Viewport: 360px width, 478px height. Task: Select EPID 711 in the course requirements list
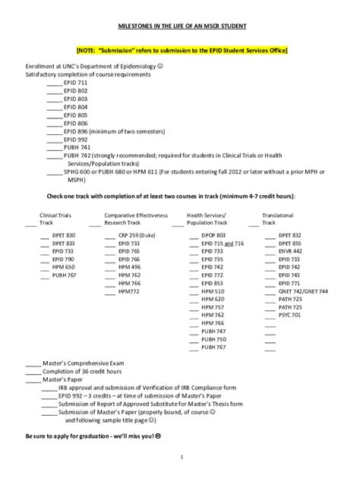[x=75, y=82]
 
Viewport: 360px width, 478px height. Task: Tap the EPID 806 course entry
[x=75, y=122]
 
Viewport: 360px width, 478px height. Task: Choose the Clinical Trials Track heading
[x=54, y=219]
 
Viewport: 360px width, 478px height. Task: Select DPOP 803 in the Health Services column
[x=213, y=236]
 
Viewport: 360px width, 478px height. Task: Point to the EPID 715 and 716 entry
[x=223, y=244]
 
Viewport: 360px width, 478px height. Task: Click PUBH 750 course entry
[x=213, y=339]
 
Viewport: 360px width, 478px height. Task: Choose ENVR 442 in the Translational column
[x=290, y=251]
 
